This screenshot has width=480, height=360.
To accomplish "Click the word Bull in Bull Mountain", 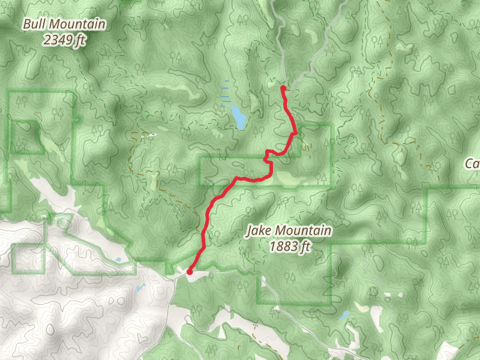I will [35, 25].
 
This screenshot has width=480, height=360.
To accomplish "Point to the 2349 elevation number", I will [58, 40].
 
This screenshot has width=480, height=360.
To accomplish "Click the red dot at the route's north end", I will [283, 88].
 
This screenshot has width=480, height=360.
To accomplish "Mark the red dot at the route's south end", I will [190, 272].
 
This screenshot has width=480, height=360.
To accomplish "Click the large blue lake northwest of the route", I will [239, 116].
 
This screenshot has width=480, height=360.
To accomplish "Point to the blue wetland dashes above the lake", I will [225, 93].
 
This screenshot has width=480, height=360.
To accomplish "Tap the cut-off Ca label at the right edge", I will [473, 164].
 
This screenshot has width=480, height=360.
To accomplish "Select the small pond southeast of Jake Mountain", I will [345, 315].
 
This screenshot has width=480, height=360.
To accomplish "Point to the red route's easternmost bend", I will [295, 132].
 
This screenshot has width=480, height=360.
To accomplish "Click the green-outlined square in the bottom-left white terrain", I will [27, 257].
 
